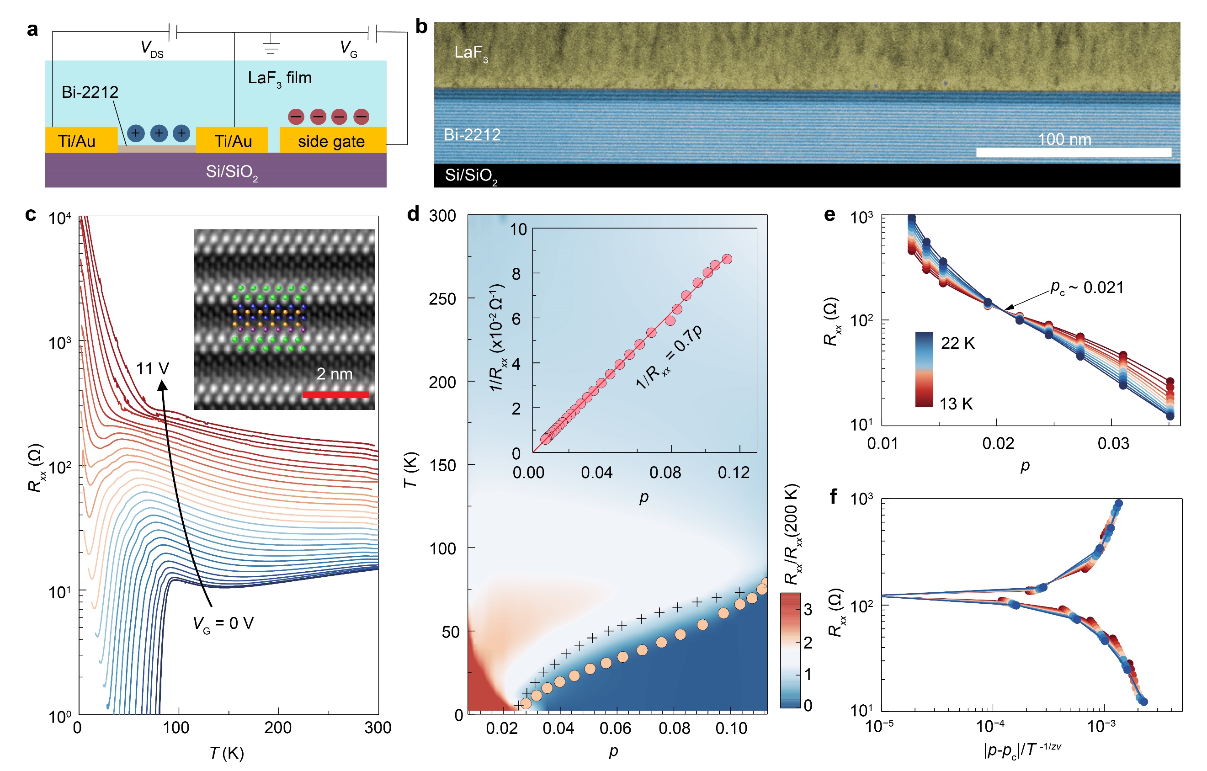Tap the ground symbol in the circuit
click(x=271, y=45)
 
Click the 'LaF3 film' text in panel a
click(x=280, y=78)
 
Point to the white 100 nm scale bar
click(x=1073, y=152)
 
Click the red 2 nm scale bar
click(x=336, y=394)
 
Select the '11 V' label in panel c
click(x=152, y=369)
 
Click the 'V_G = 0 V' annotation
click(x=223, y=624)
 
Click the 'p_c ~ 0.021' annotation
click(x=1087, y=288)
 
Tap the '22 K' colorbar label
click(x=957, y=343)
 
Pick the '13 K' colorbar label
click(x=955, y=404)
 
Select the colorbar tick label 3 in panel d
click(x=808, y=610)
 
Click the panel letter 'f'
click(x=833, y=496)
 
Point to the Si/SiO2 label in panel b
click(x=471, y=176)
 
